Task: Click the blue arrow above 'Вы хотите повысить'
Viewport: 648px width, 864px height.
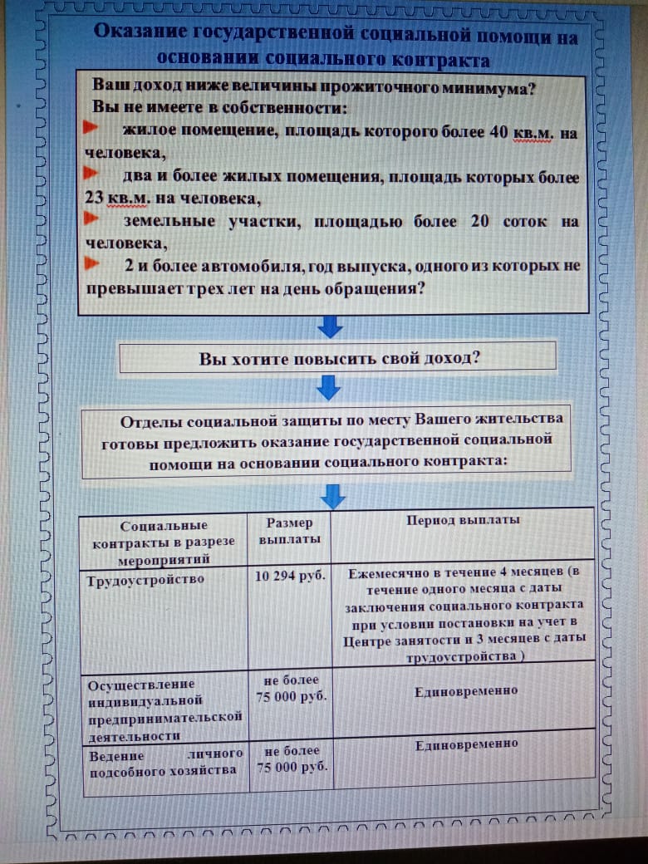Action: coord(330,326)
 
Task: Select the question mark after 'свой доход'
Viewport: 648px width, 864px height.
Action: coord(476,359)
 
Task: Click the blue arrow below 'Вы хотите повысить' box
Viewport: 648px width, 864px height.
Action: coord(330,387)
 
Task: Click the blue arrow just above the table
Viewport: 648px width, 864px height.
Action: coord(332,496)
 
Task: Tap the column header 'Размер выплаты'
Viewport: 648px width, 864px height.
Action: coord(289,531)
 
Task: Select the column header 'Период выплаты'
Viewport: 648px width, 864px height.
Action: coord(463,520)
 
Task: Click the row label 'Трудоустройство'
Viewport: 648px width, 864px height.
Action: coord(145,580)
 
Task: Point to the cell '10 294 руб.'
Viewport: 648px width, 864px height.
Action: coord(290,576)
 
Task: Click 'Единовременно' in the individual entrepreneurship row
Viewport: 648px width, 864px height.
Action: coord(466,690)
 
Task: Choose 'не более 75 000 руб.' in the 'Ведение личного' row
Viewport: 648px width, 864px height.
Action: coord(291,759)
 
